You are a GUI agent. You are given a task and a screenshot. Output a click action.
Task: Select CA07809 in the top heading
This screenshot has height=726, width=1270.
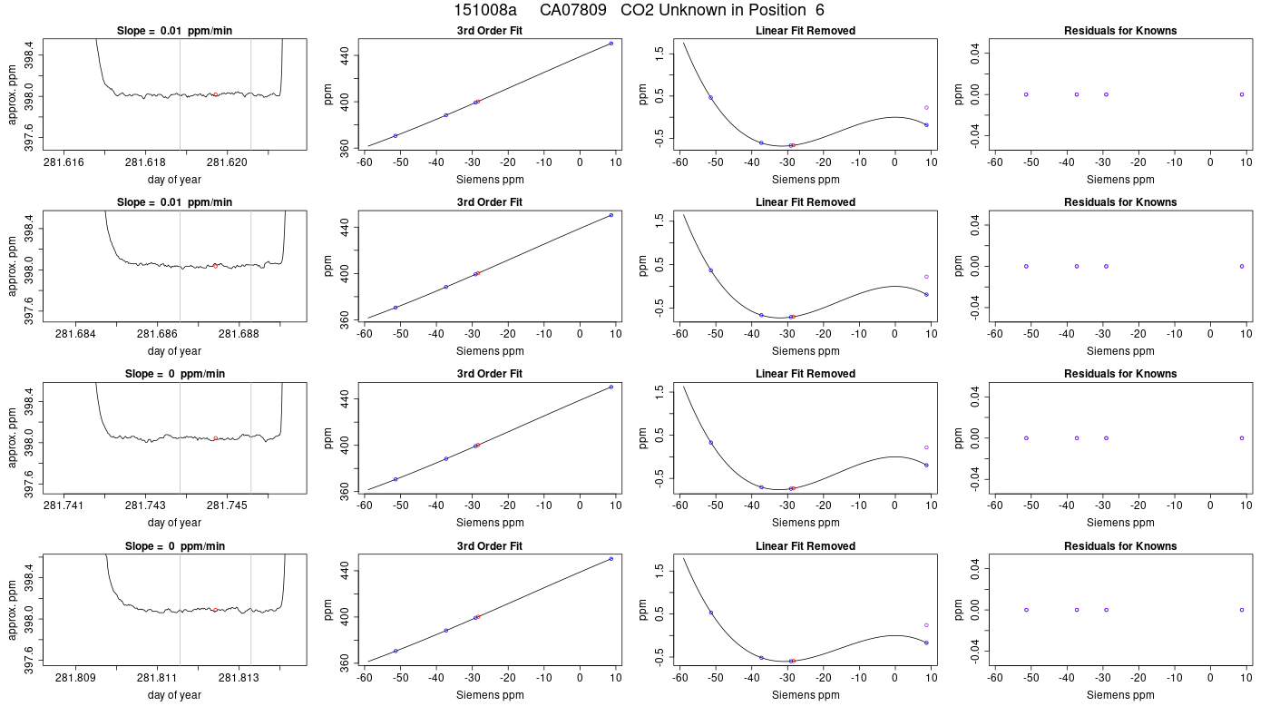tap(573, 10)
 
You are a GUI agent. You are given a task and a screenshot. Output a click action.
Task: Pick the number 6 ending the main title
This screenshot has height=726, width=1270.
tap(820, 10)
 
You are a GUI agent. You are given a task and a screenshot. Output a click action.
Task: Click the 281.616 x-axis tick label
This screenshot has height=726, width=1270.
tap(63, 162)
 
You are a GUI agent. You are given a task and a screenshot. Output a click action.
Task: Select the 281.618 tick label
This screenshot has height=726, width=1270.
tap(145, 162)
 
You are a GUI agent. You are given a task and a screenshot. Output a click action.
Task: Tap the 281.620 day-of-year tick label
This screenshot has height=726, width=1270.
tap(227, 162)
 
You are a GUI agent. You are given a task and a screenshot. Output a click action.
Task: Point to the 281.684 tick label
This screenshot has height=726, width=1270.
tap(75, 334)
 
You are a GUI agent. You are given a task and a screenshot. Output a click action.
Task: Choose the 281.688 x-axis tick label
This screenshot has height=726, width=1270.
tap(239, 334)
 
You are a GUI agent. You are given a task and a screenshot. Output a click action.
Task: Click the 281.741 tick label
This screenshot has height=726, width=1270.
tap(63, 505)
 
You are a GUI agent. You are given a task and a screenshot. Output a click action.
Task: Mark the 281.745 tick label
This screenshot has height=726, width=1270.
tap(227, 505)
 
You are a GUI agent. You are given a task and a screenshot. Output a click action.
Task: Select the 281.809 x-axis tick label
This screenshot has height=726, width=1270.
tap(75, 678)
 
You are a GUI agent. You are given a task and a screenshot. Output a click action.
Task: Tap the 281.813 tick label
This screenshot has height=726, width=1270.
tap(239, 678)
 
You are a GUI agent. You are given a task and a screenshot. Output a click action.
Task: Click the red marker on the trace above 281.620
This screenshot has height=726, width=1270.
tap(216, 94)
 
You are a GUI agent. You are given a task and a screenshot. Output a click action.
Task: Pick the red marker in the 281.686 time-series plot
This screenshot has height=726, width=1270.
tap(216, 266)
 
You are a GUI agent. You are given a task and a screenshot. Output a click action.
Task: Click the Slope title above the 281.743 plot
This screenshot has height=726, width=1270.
tap(174, 374)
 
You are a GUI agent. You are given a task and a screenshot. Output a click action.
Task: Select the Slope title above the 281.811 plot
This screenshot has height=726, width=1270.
tap(174, 546)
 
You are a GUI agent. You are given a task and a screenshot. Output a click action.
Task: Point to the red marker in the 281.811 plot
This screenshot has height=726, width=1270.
tap(216, 610)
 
